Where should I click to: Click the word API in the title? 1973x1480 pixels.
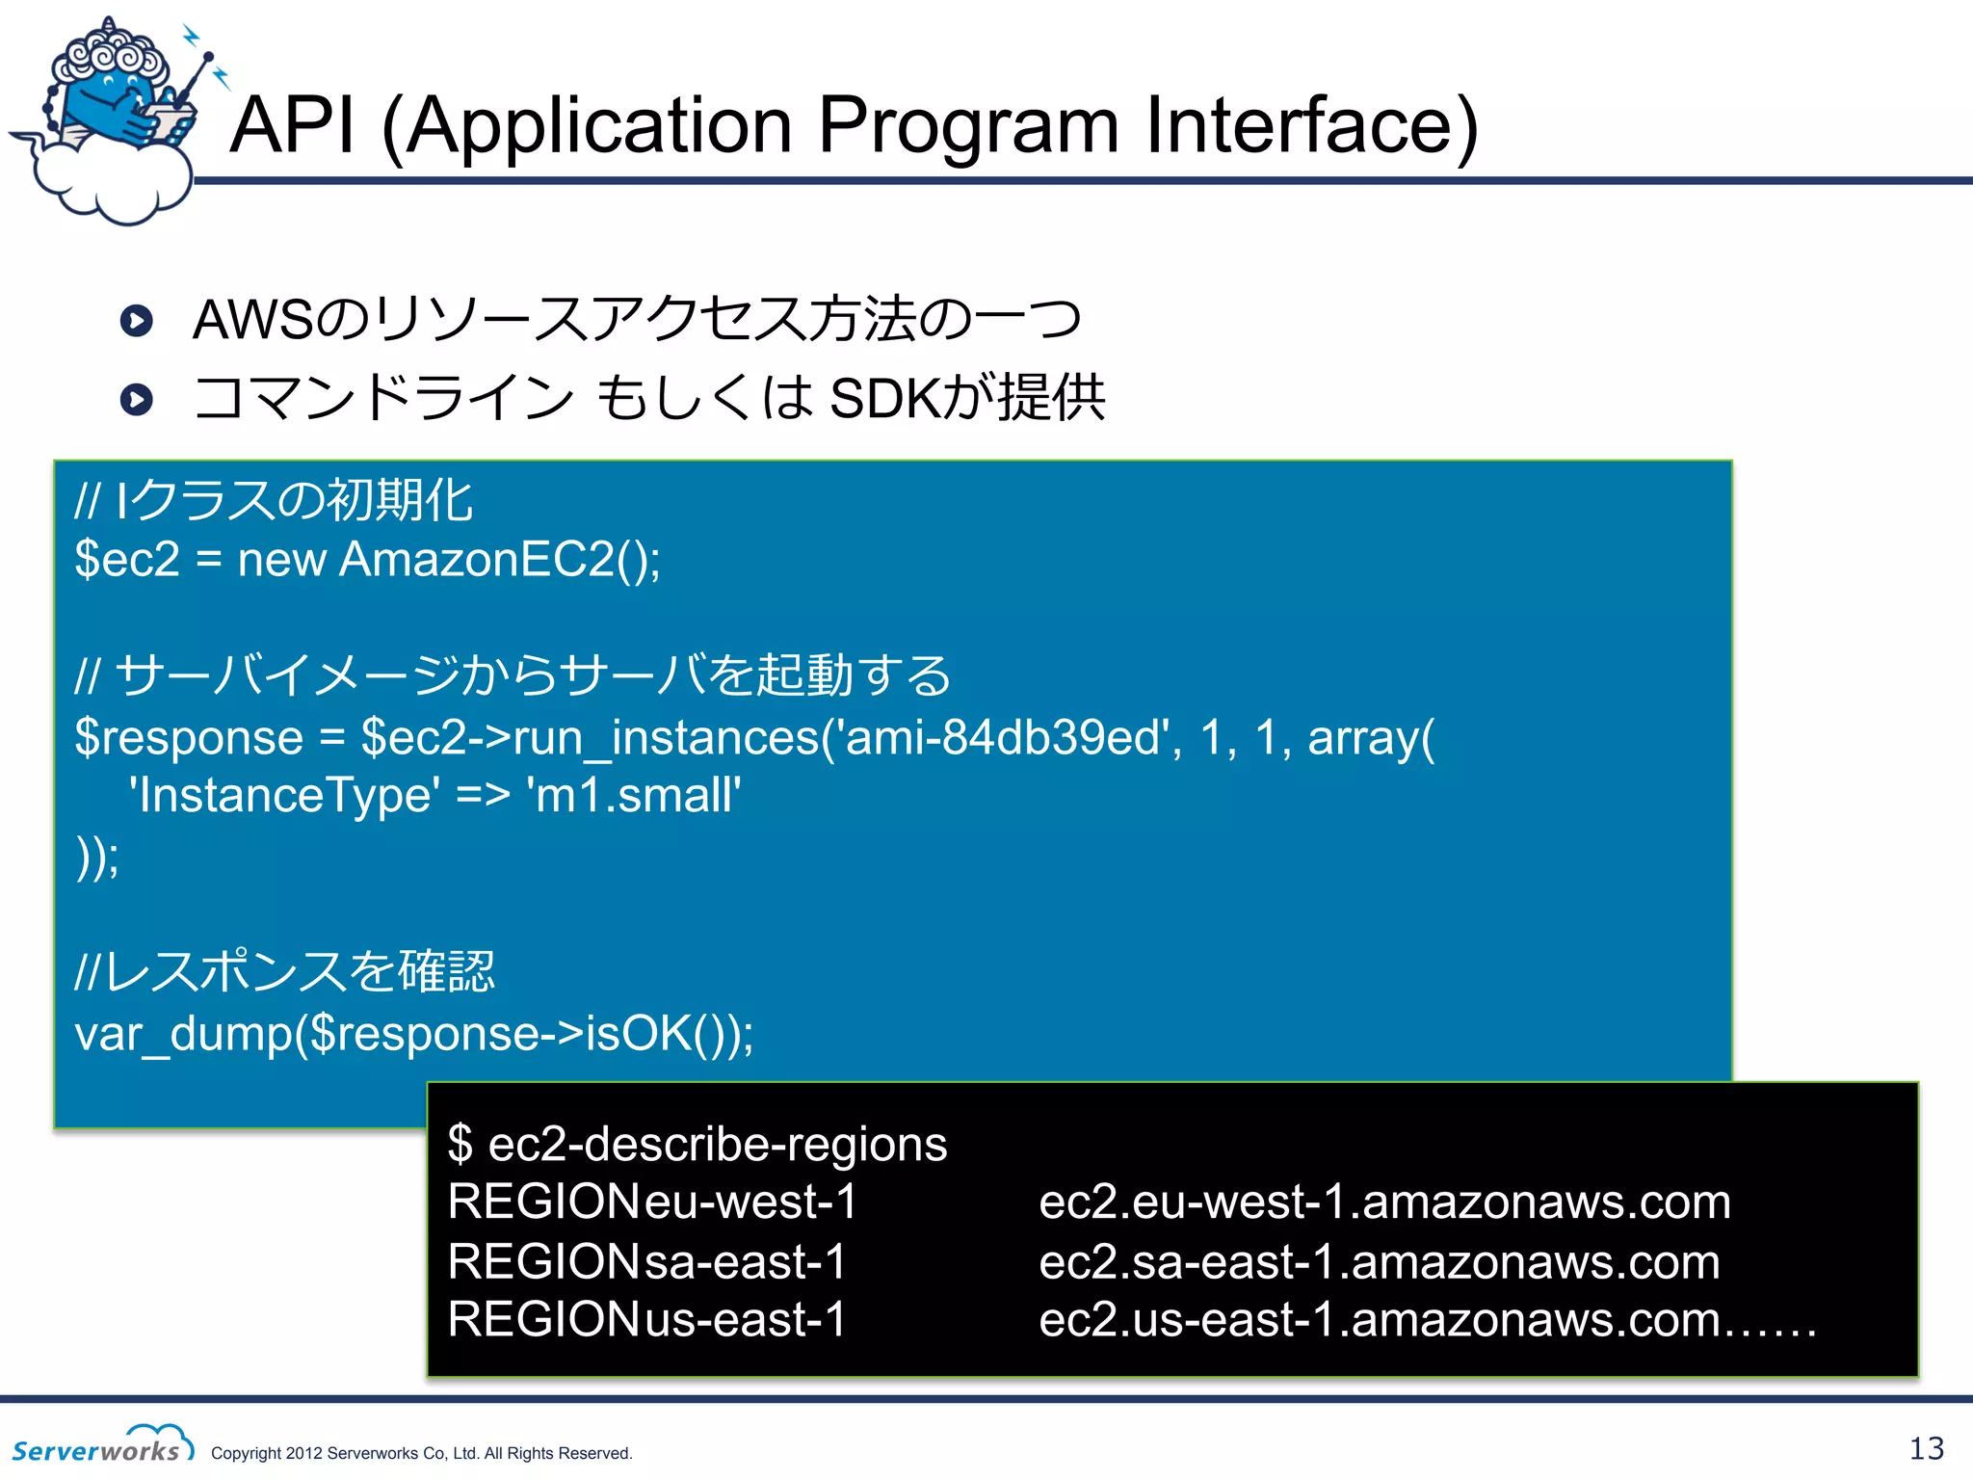[x=292, y=125]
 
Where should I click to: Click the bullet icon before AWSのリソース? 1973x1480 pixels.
[x=137, y=321]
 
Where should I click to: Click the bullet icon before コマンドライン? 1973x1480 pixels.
[x=137, y=399]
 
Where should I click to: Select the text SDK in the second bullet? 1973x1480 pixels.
[x=883, y=399]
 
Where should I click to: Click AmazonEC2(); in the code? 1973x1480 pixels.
[x=500, y=560]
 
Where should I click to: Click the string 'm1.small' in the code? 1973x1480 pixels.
[x=633, y=797]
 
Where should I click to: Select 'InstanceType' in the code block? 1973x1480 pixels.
[x=284, y=797]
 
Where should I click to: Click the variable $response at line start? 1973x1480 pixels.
[x=189, y=739]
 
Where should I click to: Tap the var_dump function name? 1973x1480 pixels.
[x=183, y=1034]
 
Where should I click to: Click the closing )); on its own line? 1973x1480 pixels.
[x=97, y=856]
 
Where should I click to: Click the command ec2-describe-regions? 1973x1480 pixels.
[x=717, y=1145]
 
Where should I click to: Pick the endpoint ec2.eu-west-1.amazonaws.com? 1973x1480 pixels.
[x=1383, y=1202]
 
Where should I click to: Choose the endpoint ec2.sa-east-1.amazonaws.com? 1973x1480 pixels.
[x=1379, y=1262]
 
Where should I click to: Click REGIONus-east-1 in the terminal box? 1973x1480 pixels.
[x=646, y=1319]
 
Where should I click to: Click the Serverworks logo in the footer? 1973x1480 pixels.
[x=102, y=1444]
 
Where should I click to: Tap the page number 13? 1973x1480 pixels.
[x=1926, y=1448]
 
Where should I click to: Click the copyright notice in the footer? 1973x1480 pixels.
[x=421, y=1453]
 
